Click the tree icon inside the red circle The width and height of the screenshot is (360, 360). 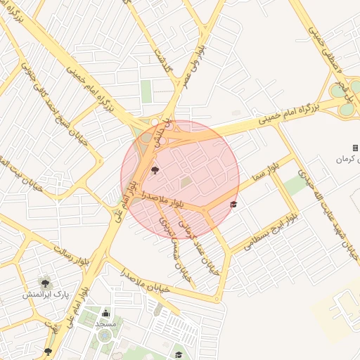tap(155, 169)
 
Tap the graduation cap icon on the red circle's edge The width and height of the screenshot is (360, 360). tap(233, 205)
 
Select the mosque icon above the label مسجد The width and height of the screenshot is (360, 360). tap(106, 313)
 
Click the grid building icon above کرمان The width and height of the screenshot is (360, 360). tap(355, 148)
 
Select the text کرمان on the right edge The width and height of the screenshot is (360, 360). tap(345, 160)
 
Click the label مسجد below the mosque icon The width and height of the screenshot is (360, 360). tap(106, 323)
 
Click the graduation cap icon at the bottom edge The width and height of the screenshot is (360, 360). tap(179, 354)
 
